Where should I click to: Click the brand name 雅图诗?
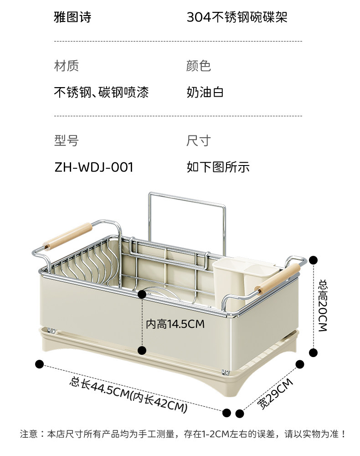[x=73, y=17]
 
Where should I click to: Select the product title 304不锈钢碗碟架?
[x=237, y=17]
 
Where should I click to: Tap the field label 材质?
[x=67, y=66]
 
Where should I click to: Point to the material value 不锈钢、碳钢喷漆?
[x=101, y=93]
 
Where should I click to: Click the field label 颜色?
[x=198, y=66]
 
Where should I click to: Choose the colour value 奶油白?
[x=205, y=93]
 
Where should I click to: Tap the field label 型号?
[x=67, y=140]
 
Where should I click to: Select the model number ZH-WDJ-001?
[x=94, y=167]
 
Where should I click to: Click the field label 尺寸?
[x=198, y=140]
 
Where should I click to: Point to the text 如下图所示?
[x=218, y=167]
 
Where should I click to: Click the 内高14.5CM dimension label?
[x=175, y=324]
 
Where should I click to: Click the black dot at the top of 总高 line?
[x=313, y=260]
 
